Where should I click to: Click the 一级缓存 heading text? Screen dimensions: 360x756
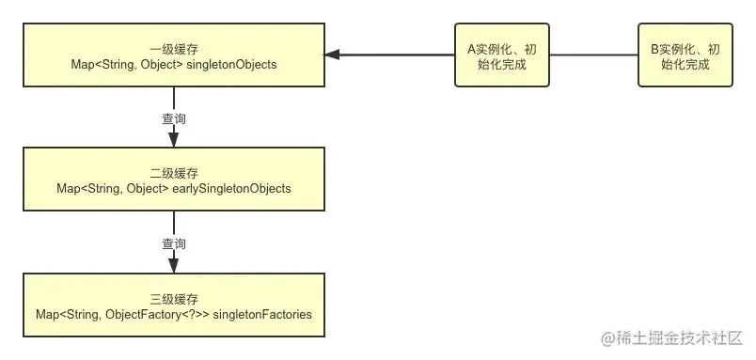coord(174,48)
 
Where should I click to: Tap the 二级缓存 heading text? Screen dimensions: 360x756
coord(174,173)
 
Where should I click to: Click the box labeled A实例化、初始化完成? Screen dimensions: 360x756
coord(501,55)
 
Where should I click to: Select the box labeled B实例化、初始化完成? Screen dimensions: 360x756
coord(685,55)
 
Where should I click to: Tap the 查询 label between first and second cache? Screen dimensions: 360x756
coord(174,118)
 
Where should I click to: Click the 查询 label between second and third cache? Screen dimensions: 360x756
coord(174,243)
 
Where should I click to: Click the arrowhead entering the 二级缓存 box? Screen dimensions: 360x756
coord(174,141)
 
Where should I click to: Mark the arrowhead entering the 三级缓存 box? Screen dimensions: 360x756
coord(174,266)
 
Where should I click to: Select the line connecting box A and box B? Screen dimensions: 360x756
coord(592,55)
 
